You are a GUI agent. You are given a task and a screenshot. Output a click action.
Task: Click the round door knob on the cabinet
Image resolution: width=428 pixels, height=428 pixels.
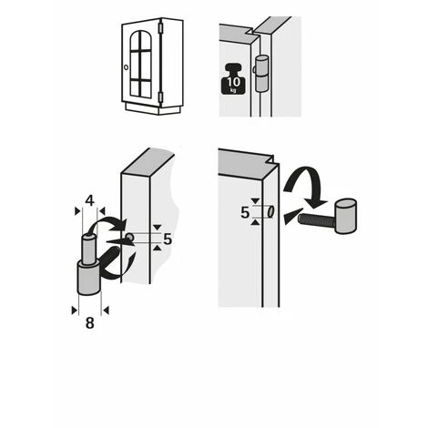[x=127, y=67]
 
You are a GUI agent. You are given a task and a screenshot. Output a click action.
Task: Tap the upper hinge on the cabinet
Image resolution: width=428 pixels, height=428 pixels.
[x=161, y=28]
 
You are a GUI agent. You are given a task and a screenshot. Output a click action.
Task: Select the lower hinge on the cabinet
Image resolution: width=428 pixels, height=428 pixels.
[x=160, y=97]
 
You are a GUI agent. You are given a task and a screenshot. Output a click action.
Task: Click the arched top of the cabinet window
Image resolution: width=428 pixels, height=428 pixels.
[x=140, y=39]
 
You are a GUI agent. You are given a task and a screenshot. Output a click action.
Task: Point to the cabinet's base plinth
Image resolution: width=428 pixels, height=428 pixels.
[x=154, y=108]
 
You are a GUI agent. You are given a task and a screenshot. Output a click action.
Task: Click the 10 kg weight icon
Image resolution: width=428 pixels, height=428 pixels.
[x=233, y=78]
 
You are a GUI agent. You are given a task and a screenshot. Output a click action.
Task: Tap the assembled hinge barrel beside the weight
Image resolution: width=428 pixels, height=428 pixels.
[x=261, y=73]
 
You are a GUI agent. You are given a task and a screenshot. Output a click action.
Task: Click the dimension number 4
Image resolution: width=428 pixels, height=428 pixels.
[x=89, y=200]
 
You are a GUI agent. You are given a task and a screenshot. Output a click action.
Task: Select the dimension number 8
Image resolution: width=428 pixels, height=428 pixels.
[x=89, y=323]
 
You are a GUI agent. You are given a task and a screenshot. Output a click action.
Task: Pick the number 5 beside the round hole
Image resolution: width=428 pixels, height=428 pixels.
[x=168, y=239]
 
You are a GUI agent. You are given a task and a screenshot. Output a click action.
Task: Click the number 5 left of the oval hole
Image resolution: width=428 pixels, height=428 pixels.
[x=245, y=213]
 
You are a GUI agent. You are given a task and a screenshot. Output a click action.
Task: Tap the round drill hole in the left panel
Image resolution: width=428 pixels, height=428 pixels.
[x=129, y=237]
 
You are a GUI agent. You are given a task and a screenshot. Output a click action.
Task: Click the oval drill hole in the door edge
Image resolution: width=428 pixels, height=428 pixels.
[x=270, y=211]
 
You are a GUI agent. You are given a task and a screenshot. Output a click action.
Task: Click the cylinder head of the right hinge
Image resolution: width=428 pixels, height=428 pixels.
[x=345, y=216]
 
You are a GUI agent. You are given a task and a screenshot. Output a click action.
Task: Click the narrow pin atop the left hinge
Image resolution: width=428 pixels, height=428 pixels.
[x=89, y=250]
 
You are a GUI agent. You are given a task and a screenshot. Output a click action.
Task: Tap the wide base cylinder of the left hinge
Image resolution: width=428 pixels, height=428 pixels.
[x=89, y=278]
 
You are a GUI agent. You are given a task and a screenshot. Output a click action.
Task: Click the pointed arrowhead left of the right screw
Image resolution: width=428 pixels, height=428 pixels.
[x=293, y=216]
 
